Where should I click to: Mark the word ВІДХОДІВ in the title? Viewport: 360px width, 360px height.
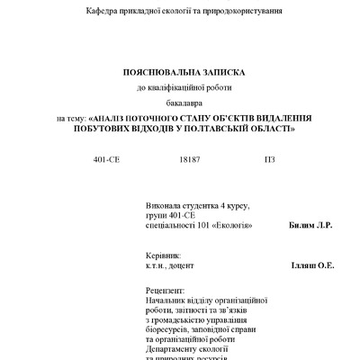point(153,130)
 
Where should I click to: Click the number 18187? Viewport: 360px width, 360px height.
point(189,159)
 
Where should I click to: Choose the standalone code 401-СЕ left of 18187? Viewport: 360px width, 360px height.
point(108,159)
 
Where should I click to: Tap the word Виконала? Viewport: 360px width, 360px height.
point(165,205)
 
